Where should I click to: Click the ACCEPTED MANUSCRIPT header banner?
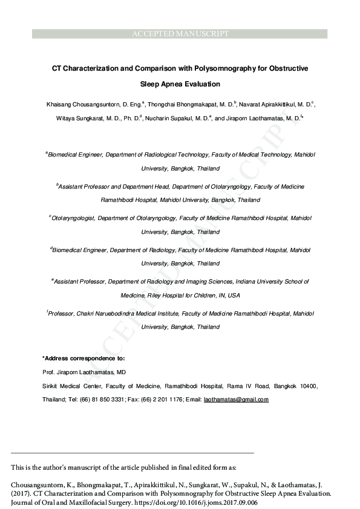coord(180,34)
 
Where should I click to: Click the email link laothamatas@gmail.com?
coord(236,400)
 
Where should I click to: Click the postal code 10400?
coord(306,386)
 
